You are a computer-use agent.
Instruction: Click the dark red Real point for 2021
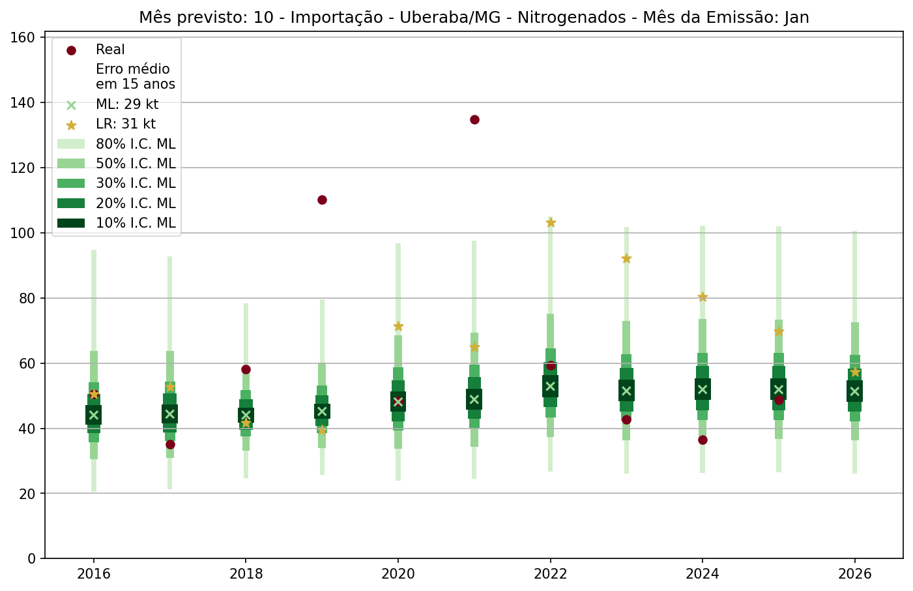point(474,119)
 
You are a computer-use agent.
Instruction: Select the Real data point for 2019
point(322,200)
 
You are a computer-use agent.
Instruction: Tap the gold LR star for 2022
point(551,222)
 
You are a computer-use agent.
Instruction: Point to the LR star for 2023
point(626,258)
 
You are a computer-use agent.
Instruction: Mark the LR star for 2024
point(703,297)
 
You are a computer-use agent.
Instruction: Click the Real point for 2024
point(703,440)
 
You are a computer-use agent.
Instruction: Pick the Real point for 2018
point(246,369)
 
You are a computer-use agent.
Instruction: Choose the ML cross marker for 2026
point(855,391)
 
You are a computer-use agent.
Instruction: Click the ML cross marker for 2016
point(94,415)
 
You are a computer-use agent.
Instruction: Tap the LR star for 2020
point(398,326)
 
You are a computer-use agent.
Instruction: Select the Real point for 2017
point(170,444)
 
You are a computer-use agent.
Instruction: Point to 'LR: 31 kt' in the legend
point(126,124)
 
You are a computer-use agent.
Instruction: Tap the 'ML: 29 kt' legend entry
point(127,104)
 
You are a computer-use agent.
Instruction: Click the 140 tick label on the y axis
point(23,103)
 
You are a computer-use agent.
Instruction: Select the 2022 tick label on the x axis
point(551,574)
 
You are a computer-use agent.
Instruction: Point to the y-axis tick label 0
point(31,558)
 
